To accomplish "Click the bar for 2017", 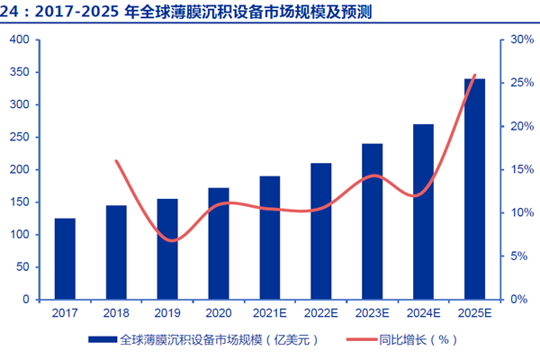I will (x=65, y=258).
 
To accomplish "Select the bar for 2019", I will (x=167, y=248).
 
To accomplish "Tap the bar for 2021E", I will (x=270, y=238).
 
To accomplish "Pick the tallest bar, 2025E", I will (x=474, y=189).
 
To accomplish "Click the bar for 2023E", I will (x=372, y=221).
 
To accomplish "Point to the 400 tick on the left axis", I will (x=20, y=40).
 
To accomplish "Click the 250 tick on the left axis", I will (x=20, y=138).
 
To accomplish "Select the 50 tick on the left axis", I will (x=22, y=267).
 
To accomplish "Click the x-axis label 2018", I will (x=116, y=313).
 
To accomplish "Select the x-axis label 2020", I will (x=219, y=313).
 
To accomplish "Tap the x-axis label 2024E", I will (x=423, y=313).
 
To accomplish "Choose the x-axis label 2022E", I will (x=321, y=313).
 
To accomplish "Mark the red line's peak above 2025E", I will (x=474, y=75).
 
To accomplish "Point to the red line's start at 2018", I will (x=116, y=161).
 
